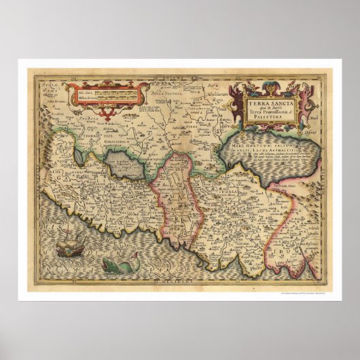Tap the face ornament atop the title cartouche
(x=263, y=86)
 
